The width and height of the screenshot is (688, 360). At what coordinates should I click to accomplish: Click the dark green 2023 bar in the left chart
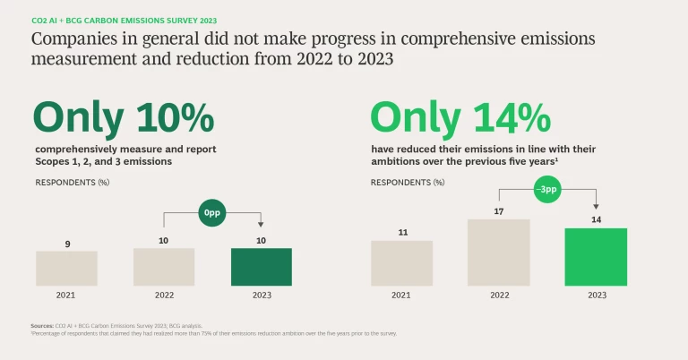tap(261, 267)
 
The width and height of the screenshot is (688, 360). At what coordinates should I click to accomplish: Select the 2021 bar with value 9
tap(66, 268)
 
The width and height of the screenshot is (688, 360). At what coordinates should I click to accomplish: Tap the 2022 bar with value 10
tap(164, 267)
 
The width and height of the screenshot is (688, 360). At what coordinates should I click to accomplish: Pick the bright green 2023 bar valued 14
tap(596, 257)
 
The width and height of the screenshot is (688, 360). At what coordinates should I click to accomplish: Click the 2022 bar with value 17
tap(498, 253)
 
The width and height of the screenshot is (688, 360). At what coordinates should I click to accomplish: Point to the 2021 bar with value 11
tap(402, 263)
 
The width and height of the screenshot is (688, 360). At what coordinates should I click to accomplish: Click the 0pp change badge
tap(211, 215)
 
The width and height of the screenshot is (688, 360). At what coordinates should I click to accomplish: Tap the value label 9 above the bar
tap(66, 244)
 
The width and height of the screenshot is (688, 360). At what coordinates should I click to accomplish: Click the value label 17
tap(498, 211)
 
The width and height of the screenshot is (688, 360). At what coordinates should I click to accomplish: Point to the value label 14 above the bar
tap(596, 219)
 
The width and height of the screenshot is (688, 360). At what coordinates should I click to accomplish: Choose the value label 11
tap(402, 233)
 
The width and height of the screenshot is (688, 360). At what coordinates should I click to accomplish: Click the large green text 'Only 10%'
tap(124, 118)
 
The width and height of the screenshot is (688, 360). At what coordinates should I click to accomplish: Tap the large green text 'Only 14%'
tap(460, 118)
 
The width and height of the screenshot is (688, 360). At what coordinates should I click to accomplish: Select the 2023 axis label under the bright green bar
tap(596, 295)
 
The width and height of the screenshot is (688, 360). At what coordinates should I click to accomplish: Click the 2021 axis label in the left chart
tap(66, 295)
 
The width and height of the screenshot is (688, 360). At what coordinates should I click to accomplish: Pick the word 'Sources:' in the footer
tap(43, 326)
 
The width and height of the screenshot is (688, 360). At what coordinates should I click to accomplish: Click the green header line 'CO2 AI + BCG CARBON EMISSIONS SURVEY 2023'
tap(124, 20)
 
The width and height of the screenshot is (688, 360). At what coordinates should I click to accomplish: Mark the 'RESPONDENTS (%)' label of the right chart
tap(407, 183)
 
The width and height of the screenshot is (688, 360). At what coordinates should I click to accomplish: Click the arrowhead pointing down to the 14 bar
tap(596, 206)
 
